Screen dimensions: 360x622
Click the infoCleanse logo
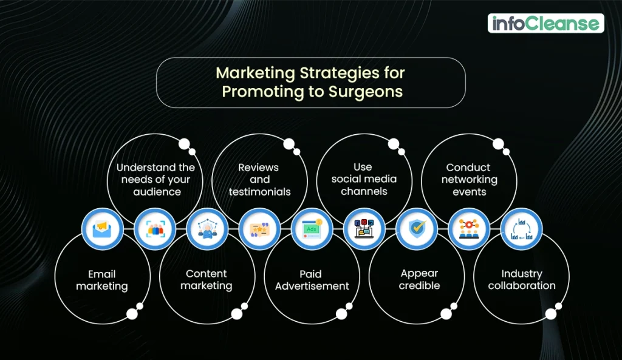point(545,24)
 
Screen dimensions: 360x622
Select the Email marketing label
point(102,280)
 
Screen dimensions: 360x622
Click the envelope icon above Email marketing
point(102,229)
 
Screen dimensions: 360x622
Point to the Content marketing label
point(207,280)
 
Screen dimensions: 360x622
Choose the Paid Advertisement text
point(312,280)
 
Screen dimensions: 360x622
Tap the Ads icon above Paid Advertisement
point(312,229)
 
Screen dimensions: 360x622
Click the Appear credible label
point(419,280)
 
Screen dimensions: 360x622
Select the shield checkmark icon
point(417,229)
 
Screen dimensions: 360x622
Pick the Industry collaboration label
point(522,280)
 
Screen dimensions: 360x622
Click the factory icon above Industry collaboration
point(521,229)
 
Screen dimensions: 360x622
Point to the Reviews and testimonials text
point(259,180)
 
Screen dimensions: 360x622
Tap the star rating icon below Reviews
point(259,229)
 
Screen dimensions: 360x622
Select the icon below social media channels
point(364,229)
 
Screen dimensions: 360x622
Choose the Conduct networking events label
point(469,180)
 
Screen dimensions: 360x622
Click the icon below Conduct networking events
point(469,229)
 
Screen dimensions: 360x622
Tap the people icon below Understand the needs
point(155,229)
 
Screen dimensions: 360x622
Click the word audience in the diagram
point(157,192)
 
